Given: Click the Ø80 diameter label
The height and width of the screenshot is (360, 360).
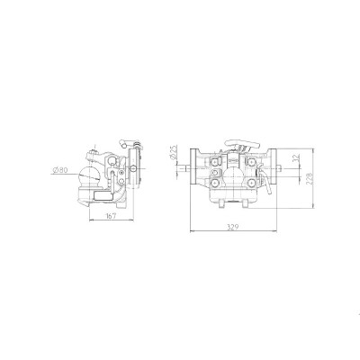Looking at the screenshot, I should coord(61,168).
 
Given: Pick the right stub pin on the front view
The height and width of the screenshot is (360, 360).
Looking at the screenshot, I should coord(282,167).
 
